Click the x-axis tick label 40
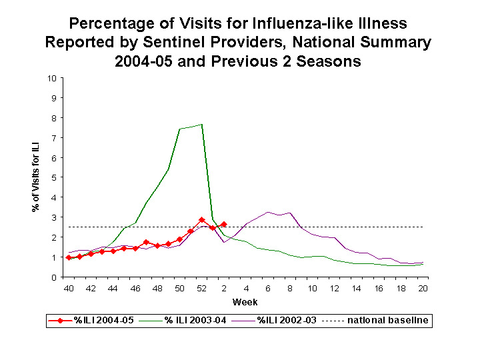69,288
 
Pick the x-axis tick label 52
201,288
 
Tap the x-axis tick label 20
423,288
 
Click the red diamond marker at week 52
201,220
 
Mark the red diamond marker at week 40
69,257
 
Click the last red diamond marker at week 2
223,225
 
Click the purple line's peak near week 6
267,212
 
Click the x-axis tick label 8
290,288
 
